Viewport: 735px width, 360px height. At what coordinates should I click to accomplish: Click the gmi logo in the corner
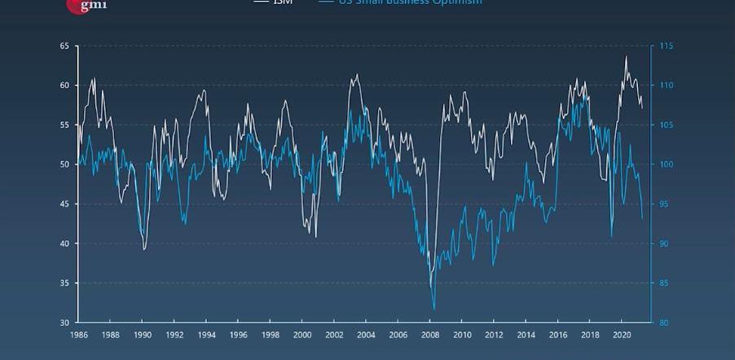click(x=86, y=5)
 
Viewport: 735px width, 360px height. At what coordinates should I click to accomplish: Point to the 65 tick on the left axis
click(x=64, y=46)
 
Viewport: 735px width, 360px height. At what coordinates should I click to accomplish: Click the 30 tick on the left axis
click(x=64, y=323)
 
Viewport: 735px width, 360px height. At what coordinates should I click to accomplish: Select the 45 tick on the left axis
click(x=64, y=204)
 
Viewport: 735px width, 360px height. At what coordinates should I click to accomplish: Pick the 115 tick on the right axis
click(x=666, y=46)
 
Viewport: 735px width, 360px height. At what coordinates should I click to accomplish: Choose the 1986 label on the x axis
click(x=79, y=336)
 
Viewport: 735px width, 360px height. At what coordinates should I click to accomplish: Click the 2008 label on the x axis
click(x=430, y=336)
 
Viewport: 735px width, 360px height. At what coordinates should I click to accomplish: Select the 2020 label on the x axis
click(x=622, y=336)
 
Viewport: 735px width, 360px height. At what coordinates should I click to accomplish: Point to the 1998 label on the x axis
click(x=271, y=336)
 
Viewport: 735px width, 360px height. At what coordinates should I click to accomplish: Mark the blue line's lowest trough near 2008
click(x=434, y=310)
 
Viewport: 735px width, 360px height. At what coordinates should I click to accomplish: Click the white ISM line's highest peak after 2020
click(x=626, y=56)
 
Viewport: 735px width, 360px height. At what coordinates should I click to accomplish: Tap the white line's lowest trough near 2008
click(x=431, y=287)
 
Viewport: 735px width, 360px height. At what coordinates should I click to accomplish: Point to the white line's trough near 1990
click(x=144, y=249)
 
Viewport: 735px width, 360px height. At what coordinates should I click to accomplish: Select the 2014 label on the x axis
click(x=526, y=336)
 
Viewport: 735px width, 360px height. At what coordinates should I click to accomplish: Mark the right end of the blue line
click(x=642, y=218)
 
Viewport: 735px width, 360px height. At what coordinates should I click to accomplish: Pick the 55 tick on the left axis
click(x=64, y=125)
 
